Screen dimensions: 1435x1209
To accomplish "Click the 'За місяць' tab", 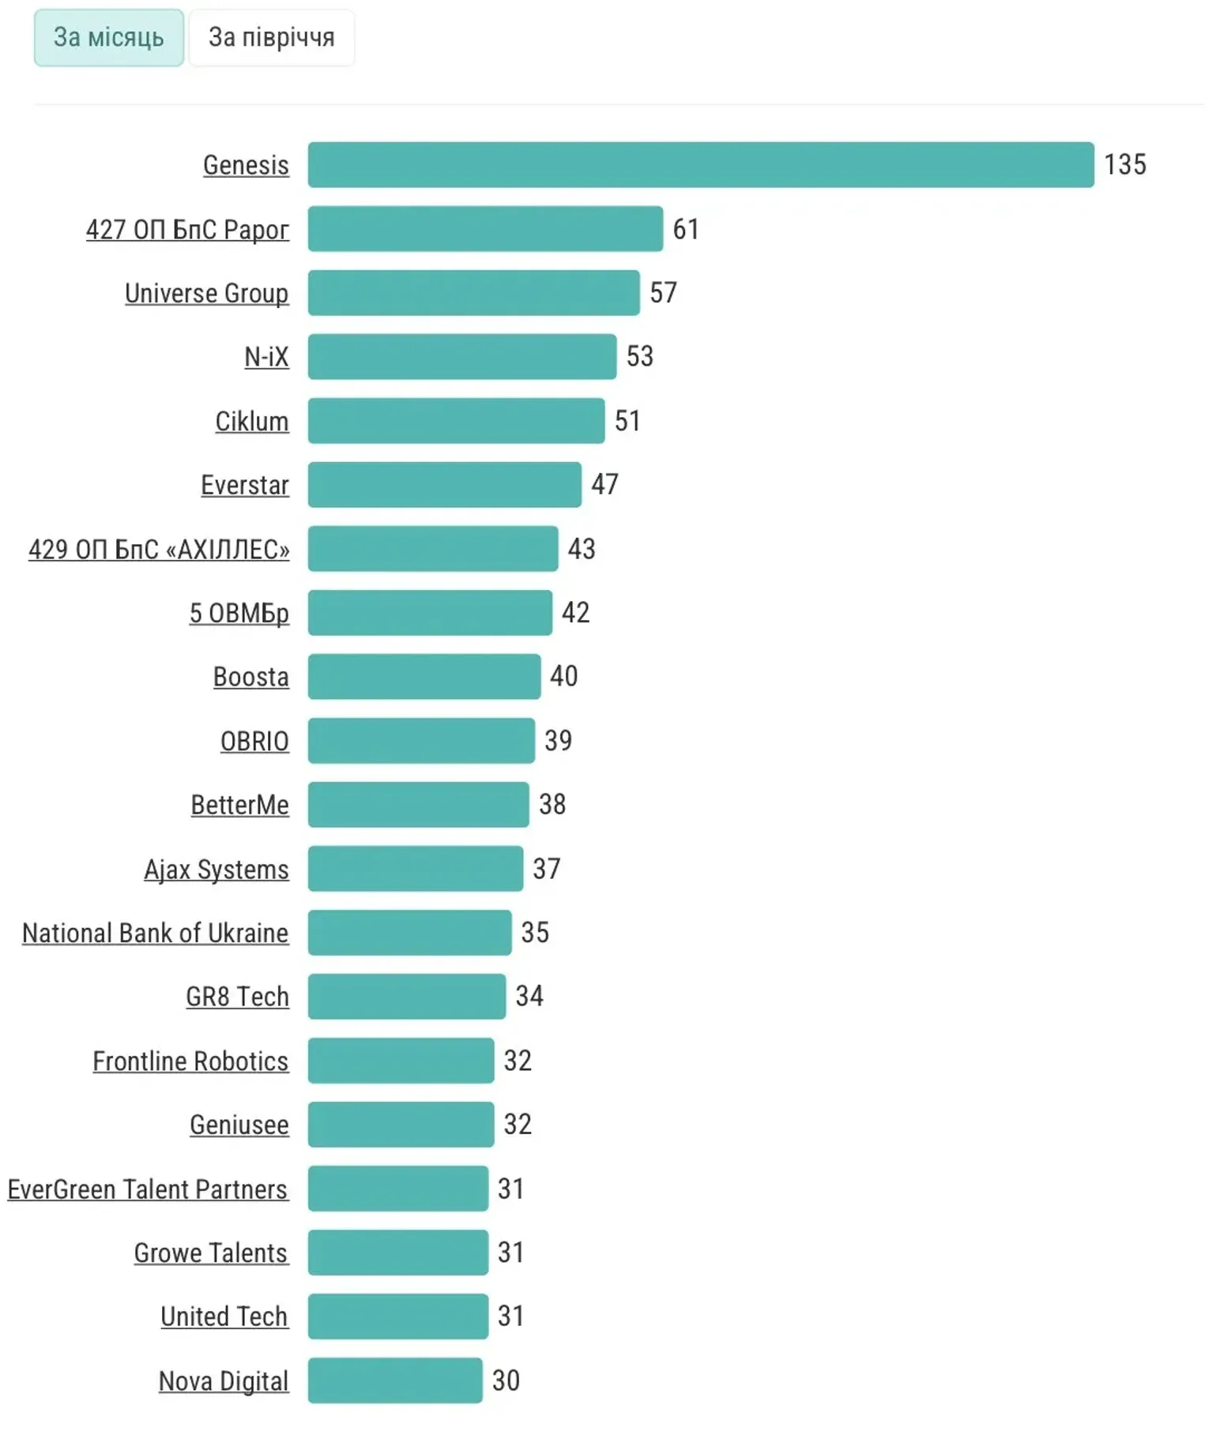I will tap(109, 38).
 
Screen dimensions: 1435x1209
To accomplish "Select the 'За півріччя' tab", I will tap(271, 38).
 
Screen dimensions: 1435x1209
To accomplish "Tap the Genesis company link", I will tap(246, 165).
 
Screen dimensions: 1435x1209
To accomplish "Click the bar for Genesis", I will tap(700, 165).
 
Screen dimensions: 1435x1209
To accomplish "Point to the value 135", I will tap(1124, 165).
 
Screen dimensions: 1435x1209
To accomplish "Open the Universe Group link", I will tap(206, 293).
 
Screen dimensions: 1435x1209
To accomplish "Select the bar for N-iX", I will tap(461, 357).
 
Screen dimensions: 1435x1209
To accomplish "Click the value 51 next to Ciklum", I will tap(627, 421).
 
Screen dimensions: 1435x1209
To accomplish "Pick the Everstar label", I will tap(245, 485).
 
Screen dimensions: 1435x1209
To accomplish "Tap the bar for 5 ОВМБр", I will tap(429, 613).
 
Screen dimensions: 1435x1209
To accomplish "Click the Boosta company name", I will tap(250, 677).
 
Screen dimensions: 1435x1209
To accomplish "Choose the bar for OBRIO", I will tap(420, 741).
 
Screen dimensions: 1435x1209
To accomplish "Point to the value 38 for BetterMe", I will tap(552, 805).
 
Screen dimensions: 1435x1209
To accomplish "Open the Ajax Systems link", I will tap(216, 870).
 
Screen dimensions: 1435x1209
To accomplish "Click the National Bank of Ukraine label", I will tap(155, 934).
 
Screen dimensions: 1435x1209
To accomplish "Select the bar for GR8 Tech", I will tap(406, 997).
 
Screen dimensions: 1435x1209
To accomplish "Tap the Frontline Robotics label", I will tap(190, 1061).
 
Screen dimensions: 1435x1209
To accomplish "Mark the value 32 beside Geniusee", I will tap(518, 1125).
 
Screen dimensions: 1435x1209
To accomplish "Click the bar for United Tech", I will tap(397, 1317).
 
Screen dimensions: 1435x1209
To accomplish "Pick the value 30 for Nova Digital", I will tap(506, 1381).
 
